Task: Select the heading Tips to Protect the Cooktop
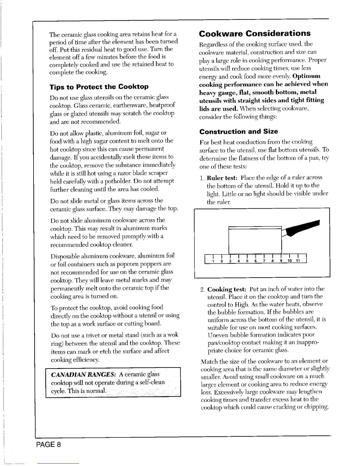99,87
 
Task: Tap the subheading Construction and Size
239,131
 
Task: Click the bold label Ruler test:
223,178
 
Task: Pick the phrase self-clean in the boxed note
153,382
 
